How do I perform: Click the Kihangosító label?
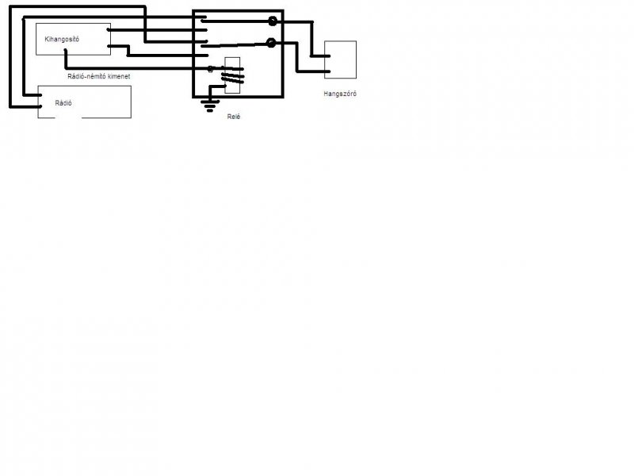[x=63, y=39]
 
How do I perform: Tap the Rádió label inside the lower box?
[x=63, y=103]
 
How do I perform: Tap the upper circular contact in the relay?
[x=273, y=21]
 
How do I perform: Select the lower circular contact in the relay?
[x=272, y=42]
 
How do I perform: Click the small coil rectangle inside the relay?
[x=233, y=76]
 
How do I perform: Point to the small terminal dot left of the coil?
[x=210, y=70]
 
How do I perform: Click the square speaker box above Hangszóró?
[x=340, y=59]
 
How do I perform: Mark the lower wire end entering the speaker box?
[x=326, y=73]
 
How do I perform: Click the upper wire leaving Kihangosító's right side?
[x=109, y=31]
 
